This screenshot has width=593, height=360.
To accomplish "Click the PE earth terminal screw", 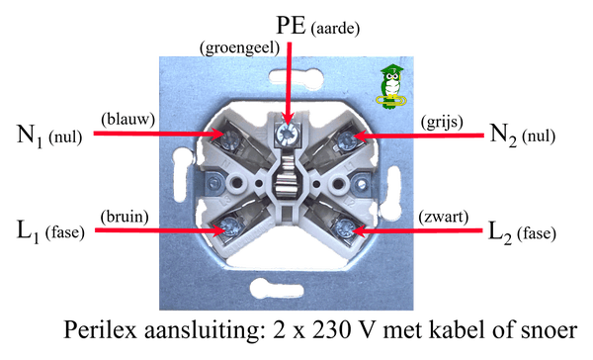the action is pyautogui.click(x=286, y=133).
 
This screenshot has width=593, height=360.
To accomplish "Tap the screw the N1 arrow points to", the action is pyautogui.click(x=229, y=140).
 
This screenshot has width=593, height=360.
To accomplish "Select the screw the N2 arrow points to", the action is pyautogui.click(x=345, y=140).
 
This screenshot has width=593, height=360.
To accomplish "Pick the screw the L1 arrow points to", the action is pyautogui.click(x=229, y=226).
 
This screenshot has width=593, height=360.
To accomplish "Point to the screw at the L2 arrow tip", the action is pyautogui.click(x=344, y=228).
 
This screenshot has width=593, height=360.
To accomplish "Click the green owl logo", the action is pyautogui.click(x=391, y=87).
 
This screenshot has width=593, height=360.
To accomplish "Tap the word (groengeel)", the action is pyautogui.click(x=240, y=48).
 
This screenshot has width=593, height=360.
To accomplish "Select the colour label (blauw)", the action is pyautogui.click(x=127, y=120).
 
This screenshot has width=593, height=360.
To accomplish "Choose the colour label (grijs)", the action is pyautogui.click(x=442, y=122).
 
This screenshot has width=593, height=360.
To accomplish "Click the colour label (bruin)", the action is pyautogui.click(x=125, y=217).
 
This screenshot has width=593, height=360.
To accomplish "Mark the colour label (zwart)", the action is pyautogui.click(x=443, y=218).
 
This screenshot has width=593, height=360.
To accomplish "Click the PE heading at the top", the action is pyautogui.click(x=291, y=26).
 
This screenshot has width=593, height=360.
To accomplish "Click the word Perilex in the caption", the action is pyautogui.click(x=100, y=330).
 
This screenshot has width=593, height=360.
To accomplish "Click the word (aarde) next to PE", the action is pyautogui.click(x=335, y=29).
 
